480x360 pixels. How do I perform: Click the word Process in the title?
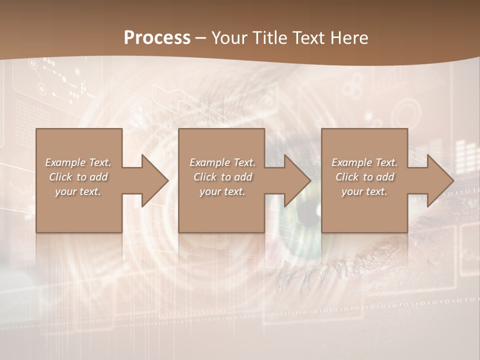coord(157,38)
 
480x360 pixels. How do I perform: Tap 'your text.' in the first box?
coord(78,192)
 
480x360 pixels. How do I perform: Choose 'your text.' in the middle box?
coord(222,192)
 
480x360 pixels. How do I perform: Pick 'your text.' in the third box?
coord(364,192)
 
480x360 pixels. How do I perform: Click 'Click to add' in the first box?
coord(78,177)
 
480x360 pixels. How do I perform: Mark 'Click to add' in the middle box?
coord(222,177)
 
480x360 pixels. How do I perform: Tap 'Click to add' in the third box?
coord(364,177)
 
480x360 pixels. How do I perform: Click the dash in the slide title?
coord(201,38)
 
